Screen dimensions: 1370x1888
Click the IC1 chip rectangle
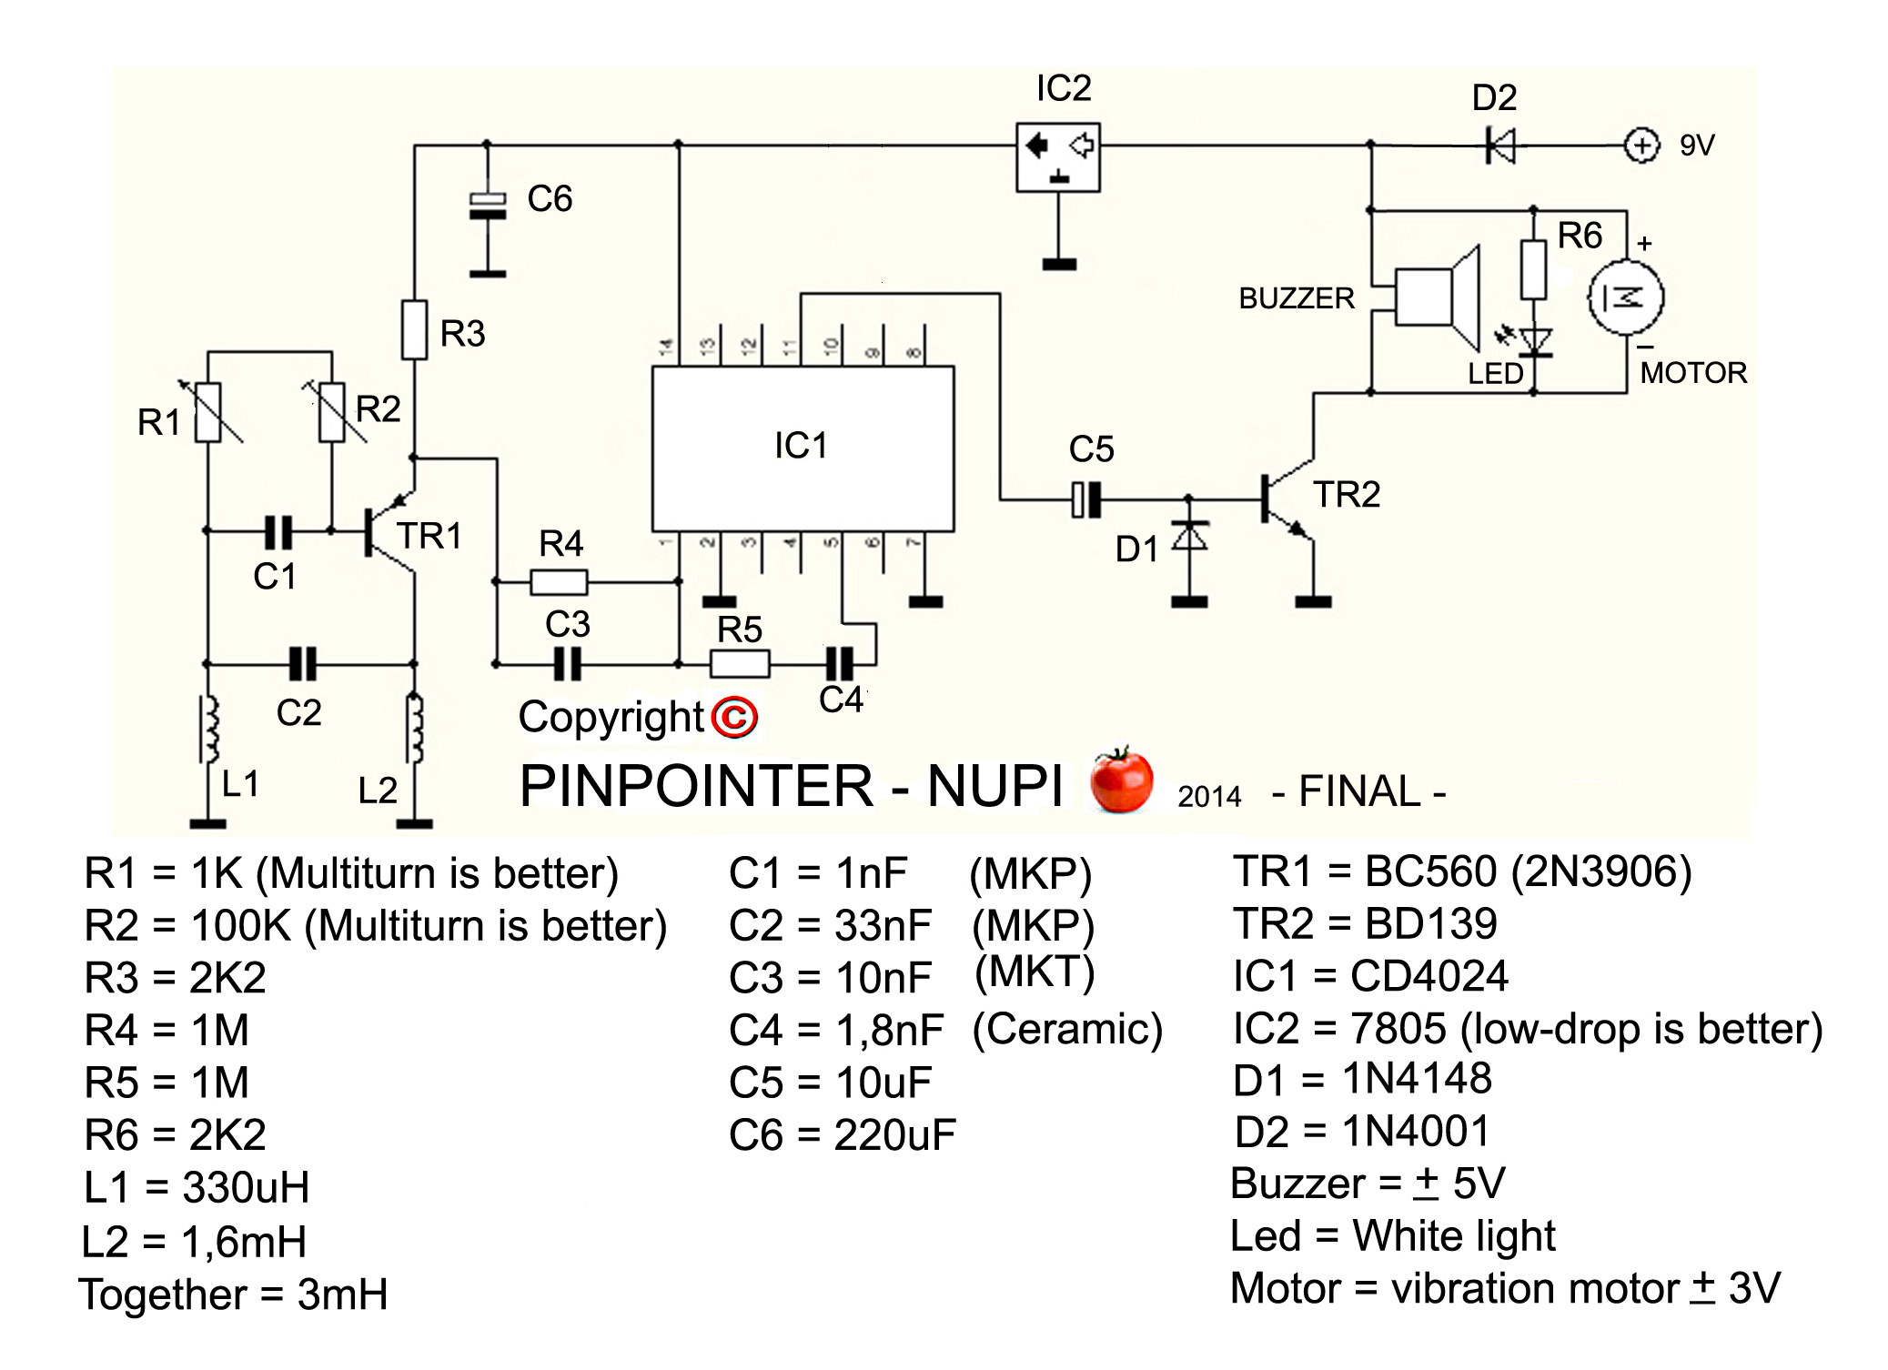[x=803, y=448]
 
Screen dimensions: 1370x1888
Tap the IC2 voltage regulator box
[x=1057, y=156]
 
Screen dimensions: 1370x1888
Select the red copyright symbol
[x=734, y=718]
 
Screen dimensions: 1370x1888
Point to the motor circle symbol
[x=1625, y=297]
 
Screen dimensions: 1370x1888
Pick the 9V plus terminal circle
[x=1641, y=146]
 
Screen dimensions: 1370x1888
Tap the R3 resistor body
[x=415, y=330]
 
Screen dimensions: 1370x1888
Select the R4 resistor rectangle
[x=559, y=581]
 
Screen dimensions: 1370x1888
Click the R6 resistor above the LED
[x=1533, y=269]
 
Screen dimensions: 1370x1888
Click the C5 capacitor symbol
[x=1086, y=499]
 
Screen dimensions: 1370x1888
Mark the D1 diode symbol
[x=1189, y=537]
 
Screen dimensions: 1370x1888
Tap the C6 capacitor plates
[x=488, y=207]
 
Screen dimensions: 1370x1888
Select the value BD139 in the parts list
[x=1431, y=924]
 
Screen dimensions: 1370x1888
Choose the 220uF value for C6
[x=894, y=1135]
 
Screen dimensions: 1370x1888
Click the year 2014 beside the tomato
[x=1208, y=797]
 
